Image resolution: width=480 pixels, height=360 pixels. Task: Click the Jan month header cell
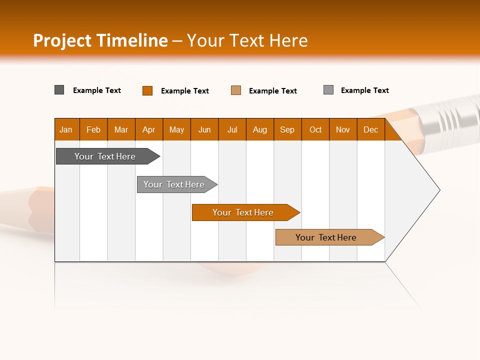tap(66, 129)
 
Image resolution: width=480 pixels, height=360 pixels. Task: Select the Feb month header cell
tap(93, 129)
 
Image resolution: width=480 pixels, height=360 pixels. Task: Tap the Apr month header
tap(149, 129)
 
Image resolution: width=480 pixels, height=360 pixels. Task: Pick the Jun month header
tap(204, 129)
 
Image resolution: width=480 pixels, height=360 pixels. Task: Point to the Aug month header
tap(260, 129)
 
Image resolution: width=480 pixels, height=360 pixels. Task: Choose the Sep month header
tap(287, 129)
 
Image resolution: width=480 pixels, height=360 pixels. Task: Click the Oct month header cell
tap(315, 129)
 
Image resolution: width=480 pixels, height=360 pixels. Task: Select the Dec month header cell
tap(371, 129)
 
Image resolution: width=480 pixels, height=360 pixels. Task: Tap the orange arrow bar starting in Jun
tap(243, 212)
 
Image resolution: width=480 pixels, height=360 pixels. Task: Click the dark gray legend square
tap(59, 90)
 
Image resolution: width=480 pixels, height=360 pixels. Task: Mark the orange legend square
tap(147, 90)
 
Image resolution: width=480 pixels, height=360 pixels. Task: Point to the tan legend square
tap(236, 90)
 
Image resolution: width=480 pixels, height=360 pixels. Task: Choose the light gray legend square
tap(328, 90)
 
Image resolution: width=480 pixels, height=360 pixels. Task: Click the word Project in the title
tap(62, 40)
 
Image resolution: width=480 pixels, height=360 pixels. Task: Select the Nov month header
tap(343, 129)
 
